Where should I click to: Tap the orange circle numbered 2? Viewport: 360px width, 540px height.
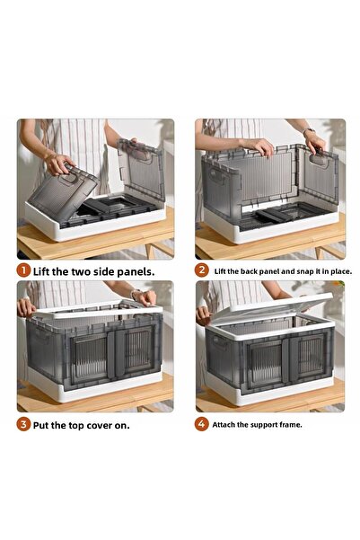[202, 270]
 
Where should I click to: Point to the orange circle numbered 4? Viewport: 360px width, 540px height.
[202, 424]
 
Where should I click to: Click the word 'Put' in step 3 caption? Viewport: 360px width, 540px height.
[44, 424]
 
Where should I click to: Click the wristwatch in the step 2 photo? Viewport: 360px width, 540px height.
[310, 133]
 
